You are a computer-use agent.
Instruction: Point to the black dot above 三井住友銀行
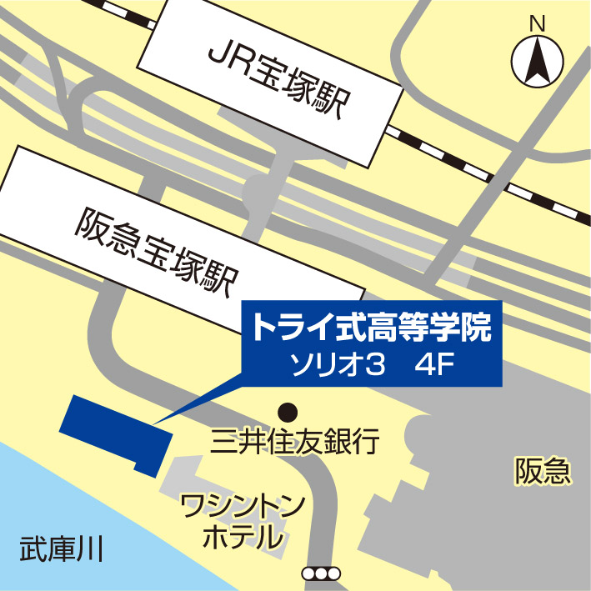[288, 410]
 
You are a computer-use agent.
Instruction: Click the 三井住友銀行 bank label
[296, 441]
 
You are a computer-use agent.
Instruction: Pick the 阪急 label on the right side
[542, 473]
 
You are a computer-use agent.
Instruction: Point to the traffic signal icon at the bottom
[321, 573]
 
